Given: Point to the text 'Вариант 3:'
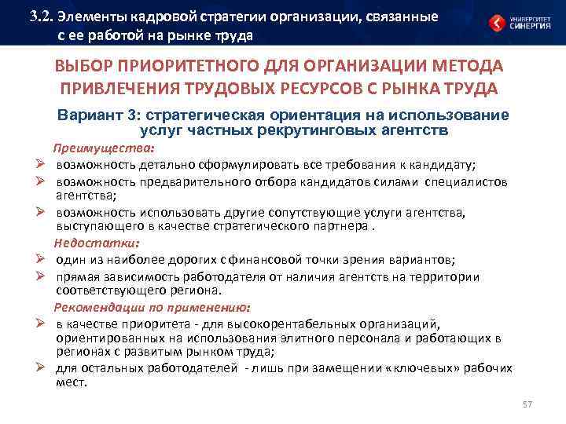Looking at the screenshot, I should pyautogui.click(x=90, y=115).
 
